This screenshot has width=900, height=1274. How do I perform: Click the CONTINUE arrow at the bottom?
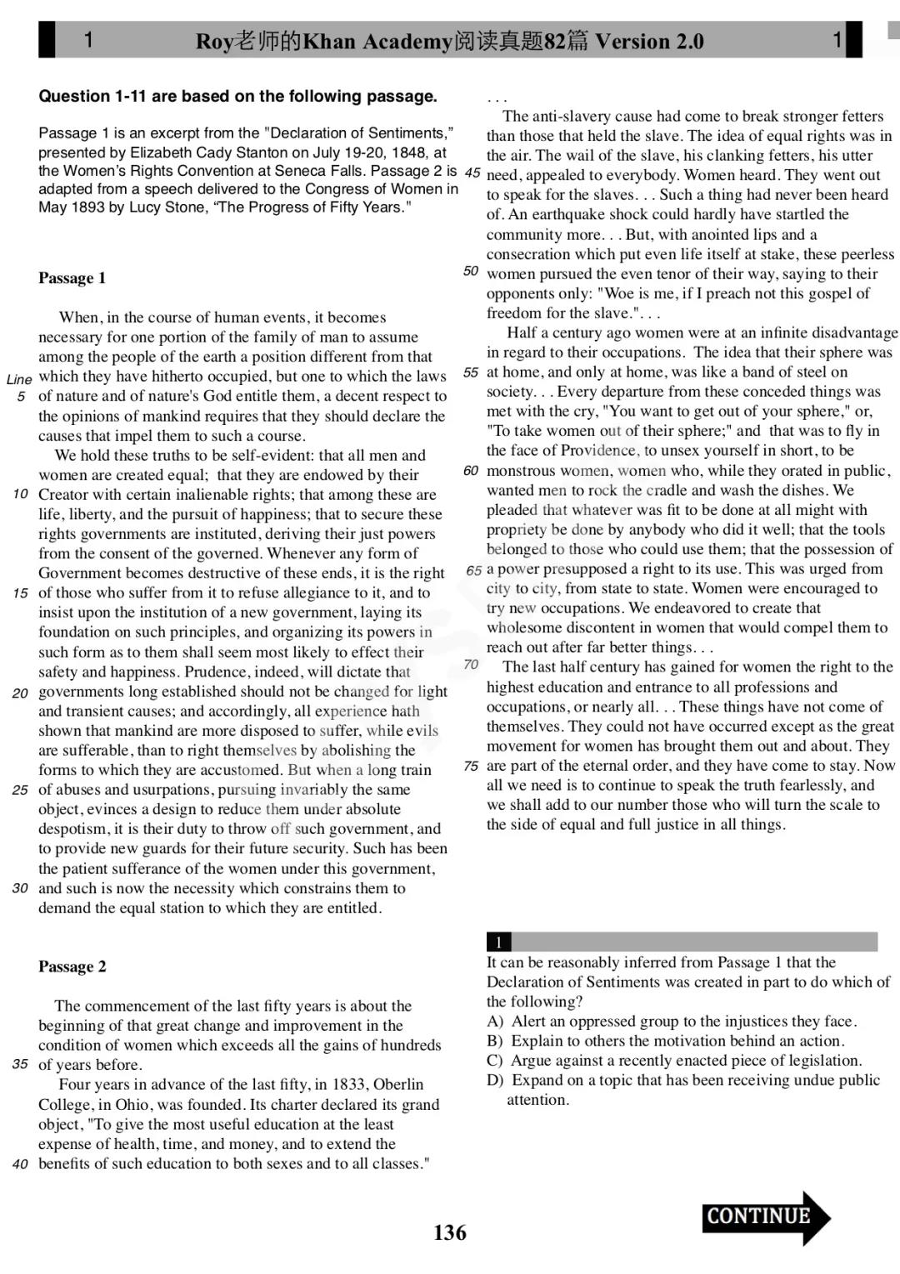765,1217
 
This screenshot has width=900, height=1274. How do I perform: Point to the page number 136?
450,1233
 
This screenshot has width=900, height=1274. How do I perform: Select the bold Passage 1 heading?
72,278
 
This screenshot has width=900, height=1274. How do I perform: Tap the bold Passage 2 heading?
72,967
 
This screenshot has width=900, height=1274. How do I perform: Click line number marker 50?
471,271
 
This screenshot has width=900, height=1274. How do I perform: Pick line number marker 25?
21,790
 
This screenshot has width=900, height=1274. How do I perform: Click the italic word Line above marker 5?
19,379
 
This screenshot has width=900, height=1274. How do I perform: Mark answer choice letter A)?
495,1022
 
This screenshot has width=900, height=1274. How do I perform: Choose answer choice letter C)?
495,1061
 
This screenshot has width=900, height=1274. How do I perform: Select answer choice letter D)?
495,1081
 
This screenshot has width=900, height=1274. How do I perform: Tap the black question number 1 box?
498,942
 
